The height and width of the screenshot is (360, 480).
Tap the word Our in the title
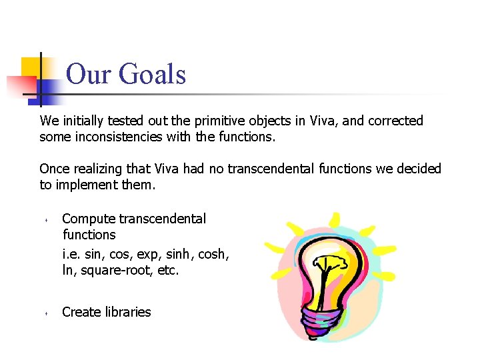(x=89, y=74)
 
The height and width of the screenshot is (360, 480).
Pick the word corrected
(x=394, y=121)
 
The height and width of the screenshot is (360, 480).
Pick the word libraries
(x=127, y=312)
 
